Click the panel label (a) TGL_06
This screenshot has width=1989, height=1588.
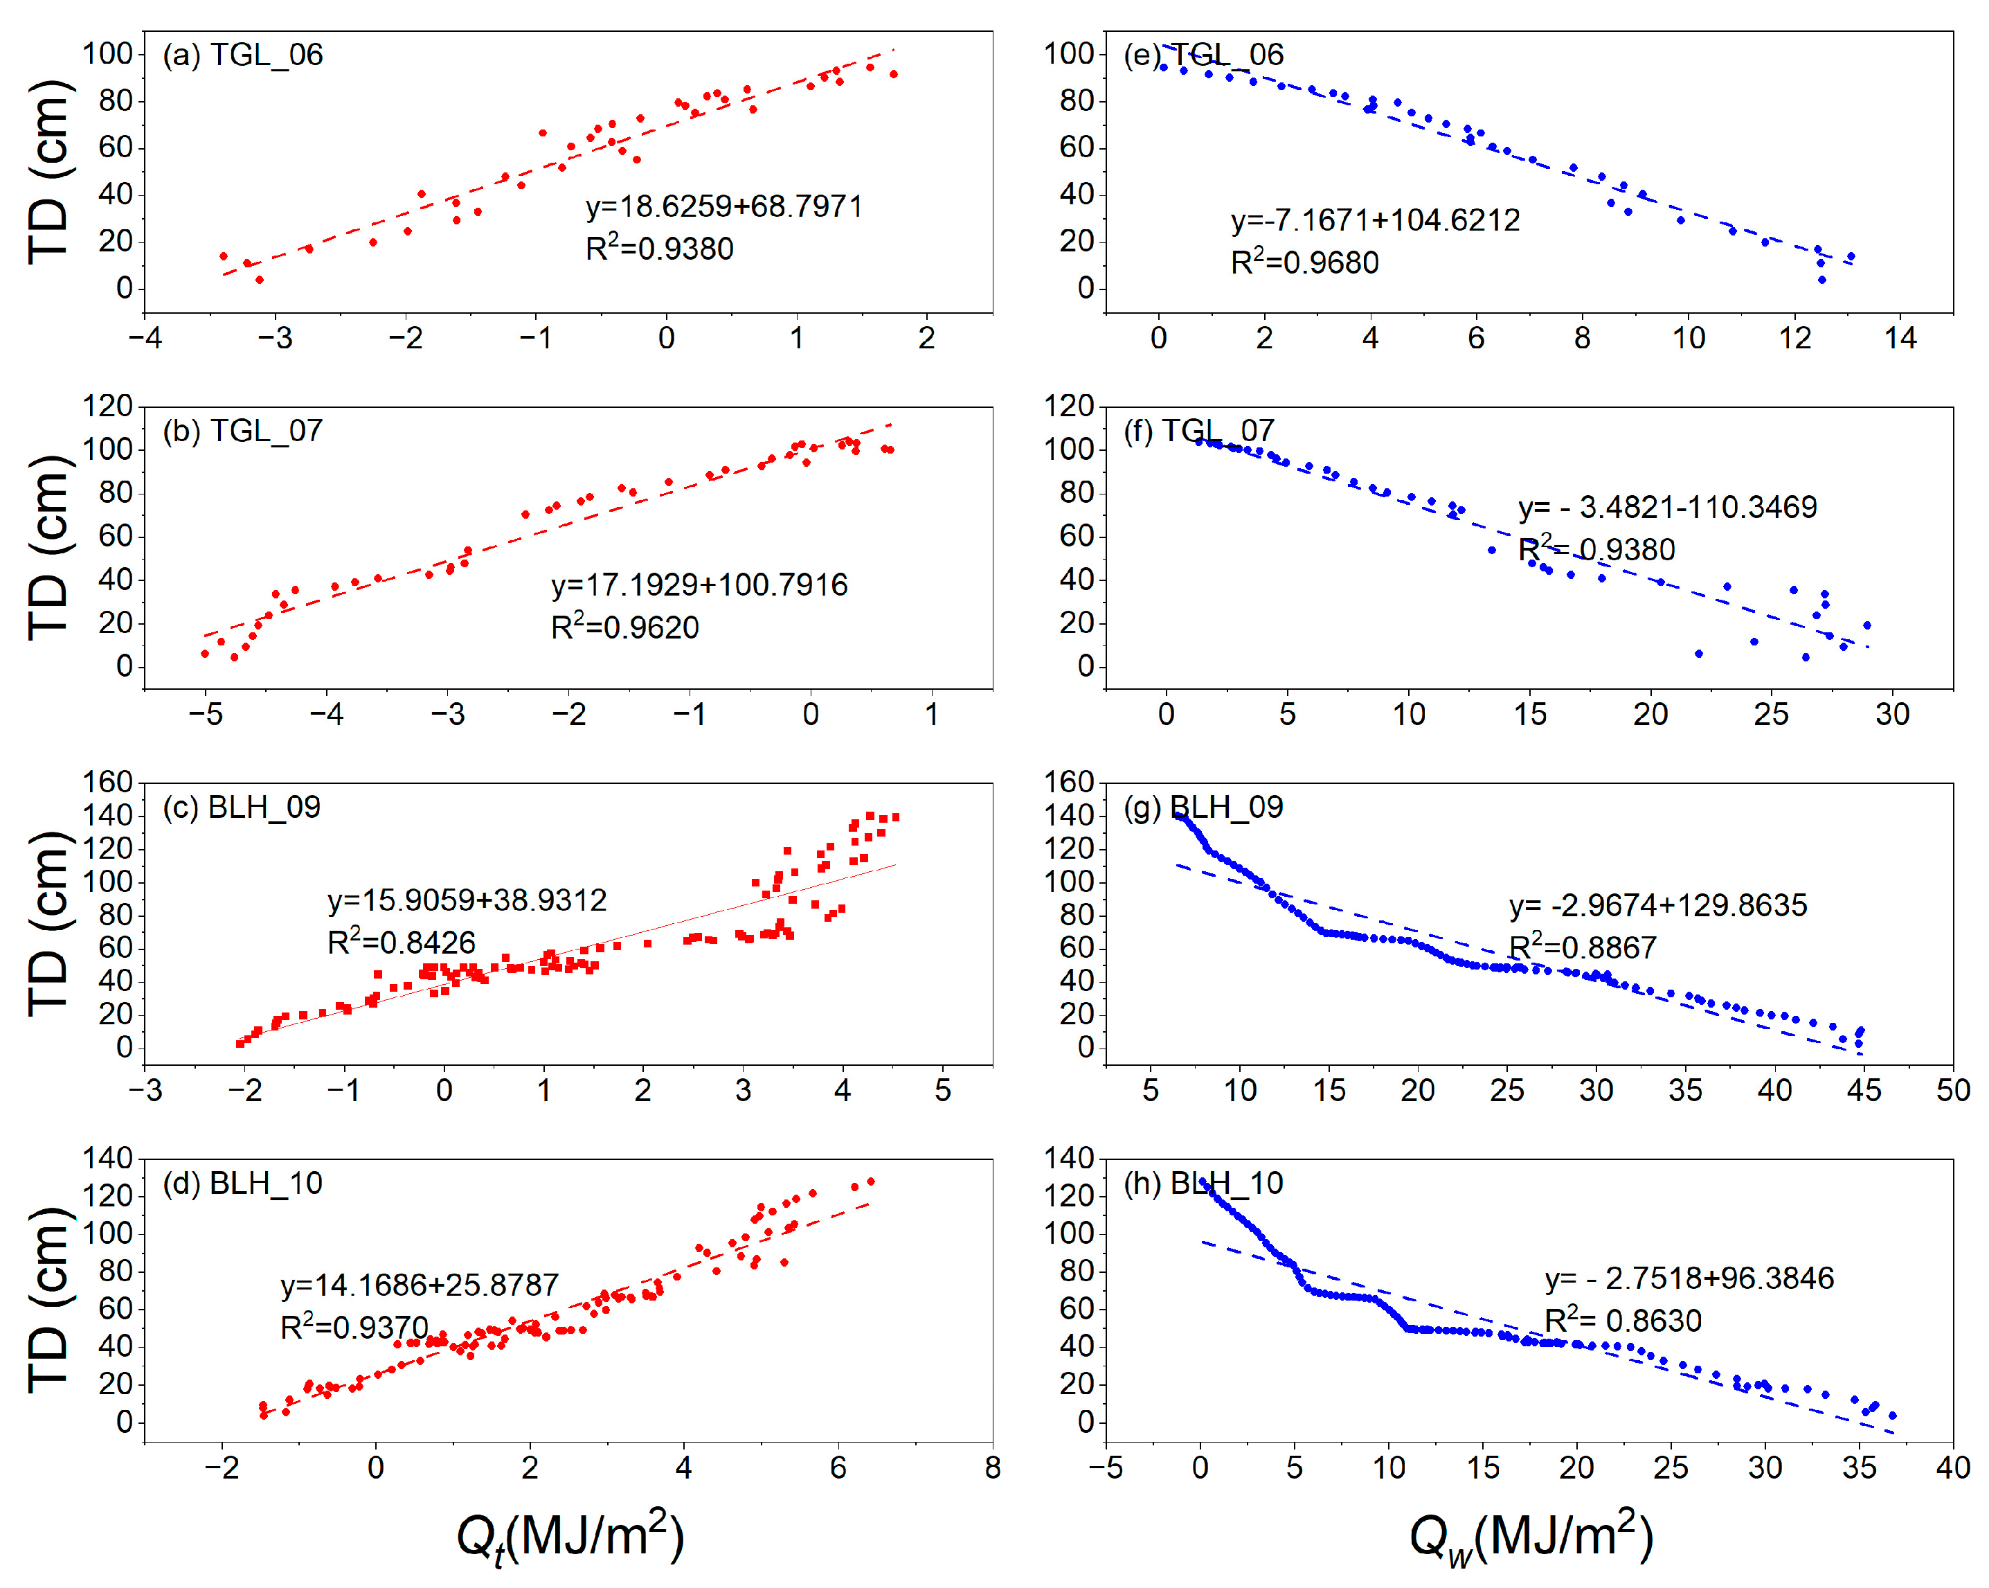coord(242,55)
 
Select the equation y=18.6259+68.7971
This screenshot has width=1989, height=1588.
coord(724,206)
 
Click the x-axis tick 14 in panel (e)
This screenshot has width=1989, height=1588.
coord(1900,339)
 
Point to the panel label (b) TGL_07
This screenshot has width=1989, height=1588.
coord(242,431)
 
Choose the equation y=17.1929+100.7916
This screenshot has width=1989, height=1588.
coord(699,585)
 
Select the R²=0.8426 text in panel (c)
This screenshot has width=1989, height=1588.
coord(402,942)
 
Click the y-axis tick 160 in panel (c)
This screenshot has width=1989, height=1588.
coord(108,783)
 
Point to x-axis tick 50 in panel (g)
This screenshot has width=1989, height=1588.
coord(1952,1091)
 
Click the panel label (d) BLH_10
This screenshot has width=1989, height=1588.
coord(242,1184)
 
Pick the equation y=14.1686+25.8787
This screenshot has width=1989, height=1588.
coord(420,1285)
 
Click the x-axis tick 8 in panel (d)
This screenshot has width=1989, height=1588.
coord(993,1468)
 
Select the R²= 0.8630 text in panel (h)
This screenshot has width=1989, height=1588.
coord(1623,1321)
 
